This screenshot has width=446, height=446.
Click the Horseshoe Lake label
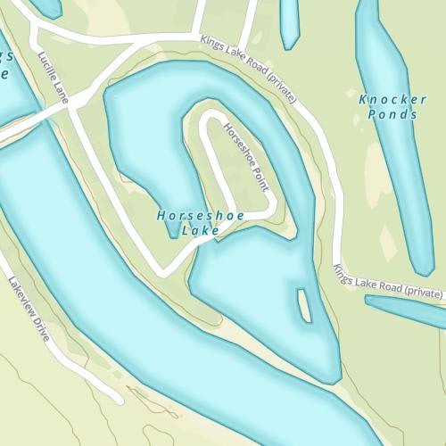(x=189, y=223)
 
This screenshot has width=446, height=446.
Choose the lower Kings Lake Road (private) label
(x=389, y=280)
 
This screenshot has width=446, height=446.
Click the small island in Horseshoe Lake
(x=303, y=305)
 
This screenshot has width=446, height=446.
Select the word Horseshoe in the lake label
(x=189, y=216)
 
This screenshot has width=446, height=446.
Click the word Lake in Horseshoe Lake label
(x=201, y=231)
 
